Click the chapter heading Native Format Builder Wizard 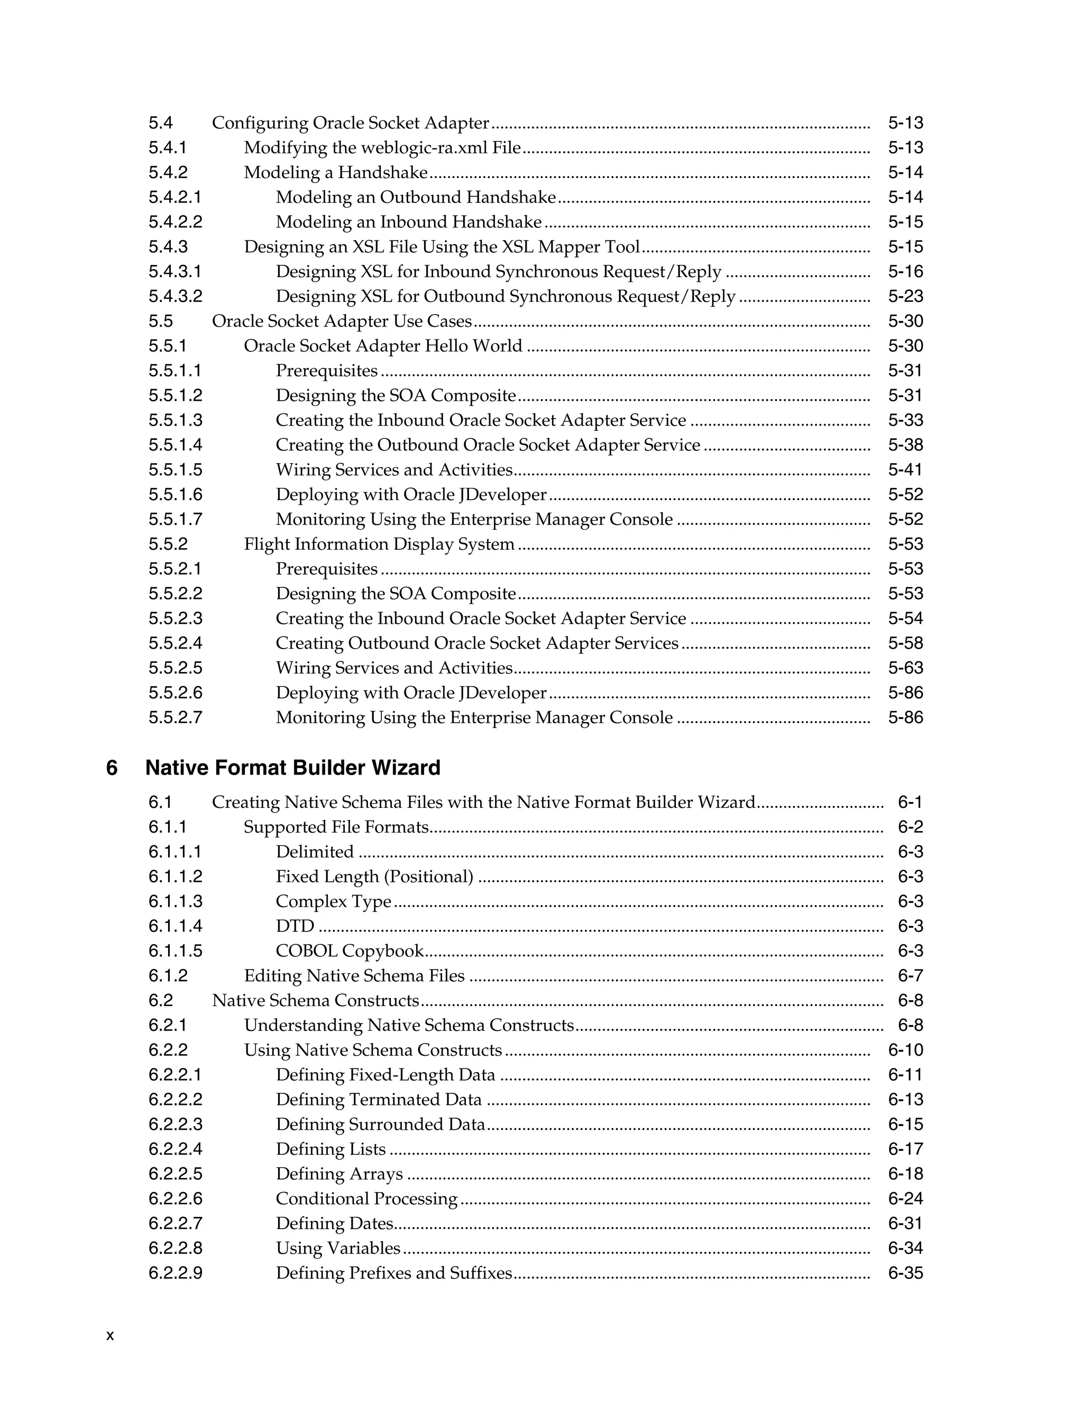coord(292,768)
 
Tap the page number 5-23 coord(905,297)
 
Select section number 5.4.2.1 coord(175,197)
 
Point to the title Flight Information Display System coord(379,544)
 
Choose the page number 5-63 coord(905,668)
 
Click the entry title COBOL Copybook coord(350,951)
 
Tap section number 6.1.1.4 coord(175,926)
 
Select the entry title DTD coord(295,926)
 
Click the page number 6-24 coord(905,1199)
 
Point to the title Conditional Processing coord(366,1199)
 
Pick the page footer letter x coord(109,1335)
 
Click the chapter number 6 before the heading coord(112,768)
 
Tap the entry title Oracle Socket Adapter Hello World coord(383,346)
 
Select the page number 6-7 coord(910,976)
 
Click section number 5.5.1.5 coord(175,469)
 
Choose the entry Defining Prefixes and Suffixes coord(394,1273)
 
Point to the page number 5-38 coord(905,445)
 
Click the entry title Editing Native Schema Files coord(354,976)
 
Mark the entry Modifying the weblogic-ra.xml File coord(382,148)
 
